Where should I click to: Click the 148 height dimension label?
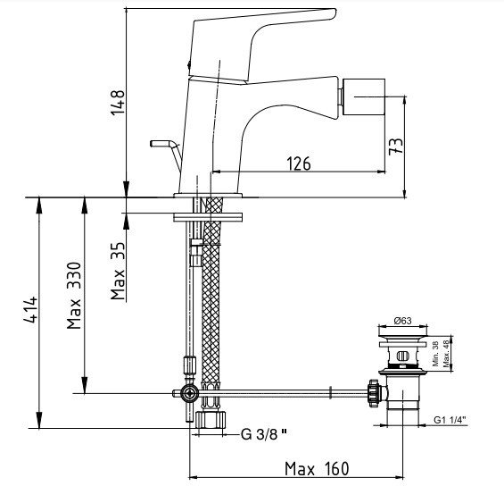118,102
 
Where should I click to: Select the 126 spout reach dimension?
299,163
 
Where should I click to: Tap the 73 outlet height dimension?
396,147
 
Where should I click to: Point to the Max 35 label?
118,271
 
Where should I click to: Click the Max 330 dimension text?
74,296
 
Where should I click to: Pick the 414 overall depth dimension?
31,309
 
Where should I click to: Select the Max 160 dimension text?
317,468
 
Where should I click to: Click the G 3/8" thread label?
263,434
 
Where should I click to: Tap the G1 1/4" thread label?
450,420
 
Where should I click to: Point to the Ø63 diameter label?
402,321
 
